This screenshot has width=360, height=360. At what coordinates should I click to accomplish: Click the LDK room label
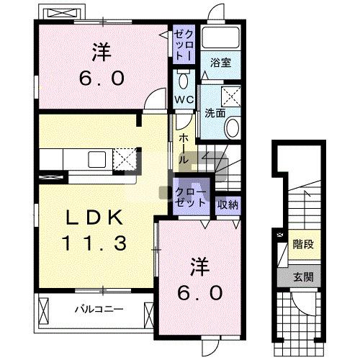click(x=94, y=217)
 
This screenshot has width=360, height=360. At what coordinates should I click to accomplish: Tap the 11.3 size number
click(x=94, y=243)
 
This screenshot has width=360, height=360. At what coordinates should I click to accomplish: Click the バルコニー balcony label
click(x=99, y=309)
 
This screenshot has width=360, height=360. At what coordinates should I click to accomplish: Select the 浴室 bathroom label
click(x=220, y=63)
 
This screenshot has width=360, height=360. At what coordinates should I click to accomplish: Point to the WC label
click(x=184, y=99)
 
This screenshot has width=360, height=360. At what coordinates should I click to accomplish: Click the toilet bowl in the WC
click(x=184, y=80)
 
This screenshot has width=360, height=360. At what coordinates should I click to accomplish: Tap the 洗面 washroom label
click(x=215, y=113)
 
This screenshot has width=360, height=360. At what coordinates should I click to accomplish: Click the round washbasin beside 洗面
click(x=233, y=127)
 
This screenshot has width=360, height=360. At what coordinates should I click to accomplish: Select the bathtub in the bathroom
click(x=220, y=37)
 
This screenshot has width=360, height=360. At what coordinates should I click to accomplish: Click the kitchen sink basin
click(x=97, y=160)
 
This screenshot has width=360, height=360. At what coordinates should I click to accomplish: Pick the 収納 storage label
click(x=228, y=204)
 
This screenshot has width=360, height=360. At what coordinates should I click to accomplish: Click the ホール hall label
click(x=184, y=149)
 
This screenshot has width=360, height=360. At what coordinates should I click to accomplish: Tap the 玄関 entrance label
click(x=303, y=277)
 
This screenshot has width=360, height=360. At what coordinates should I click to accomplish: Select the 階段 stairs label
click(x=303, y=244)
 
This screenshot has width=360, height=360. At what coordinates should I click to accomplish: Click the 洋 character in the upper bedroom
click(x=102, y=52)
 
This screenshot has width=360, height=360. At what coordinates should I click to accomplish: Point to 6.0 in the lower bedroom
click(x=200, y=293)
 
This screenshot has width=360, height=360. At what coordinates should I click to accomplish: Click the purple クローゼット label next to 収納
click(x=191, y=197)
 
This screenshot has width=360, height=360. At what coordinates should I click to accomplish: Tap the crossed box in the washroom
click(x=231, y=96)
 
